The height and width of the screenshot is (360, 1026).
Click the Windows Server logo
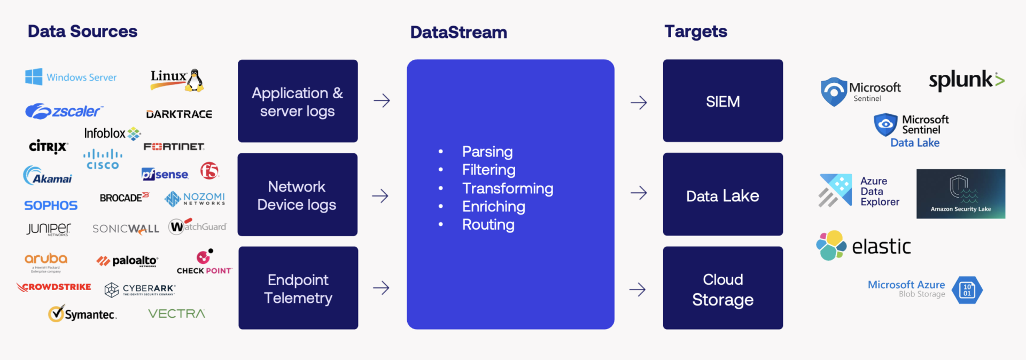pyautogui.click(x=71, y=77)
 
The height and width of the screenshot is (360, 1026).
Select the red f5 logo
pyautogui.click(x=209, y=171)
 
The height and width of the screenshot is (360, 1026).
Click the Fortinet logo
pyautogui.click(x=174, y=146)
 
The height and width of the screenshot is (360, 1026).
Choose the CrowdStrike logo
pyautogui.click(x=54, y=287)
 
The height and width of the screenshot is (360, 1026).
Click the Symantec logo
pyautogui.click(x=83, y=314)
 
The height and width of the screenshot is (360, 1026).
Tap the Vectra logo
pyautogui.click(x=176, y=314)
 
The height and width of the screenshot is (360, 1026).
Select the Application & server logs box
pyautogui.click(x=298, y=101)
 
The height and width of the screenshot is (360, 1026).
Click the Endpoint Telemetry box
pyautogui.click(x=298, y=288)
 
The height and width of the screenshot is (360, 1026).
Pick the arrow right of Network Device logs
pyautogui.click(x=380, y=196)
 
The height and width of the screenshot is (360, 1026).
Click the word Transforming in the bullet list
pyautogui.click(x=507, y=189)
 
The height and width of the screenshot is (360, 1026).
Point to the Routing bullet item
pyautogui.click(x=488, y=225)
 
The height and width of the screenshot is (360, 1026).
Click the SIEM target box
pyautogui.click(x=722, y=101)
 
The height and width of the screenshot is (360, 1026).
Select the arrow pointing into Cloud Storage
pyautogui.click(x=638, y=289)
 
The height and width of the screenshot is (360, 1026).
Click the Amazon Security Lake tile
pyautogui.click(x=960, y=194)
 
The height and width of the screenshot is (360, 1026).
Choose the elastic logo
pyautogui.click(x=864, y=246)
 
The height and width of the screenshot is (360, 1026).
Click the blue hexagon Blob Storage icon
pyautogui.click(x=967, y=290)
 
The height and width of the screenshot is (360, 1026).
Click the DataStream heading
pyautogui.click(x=458, y=32)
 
